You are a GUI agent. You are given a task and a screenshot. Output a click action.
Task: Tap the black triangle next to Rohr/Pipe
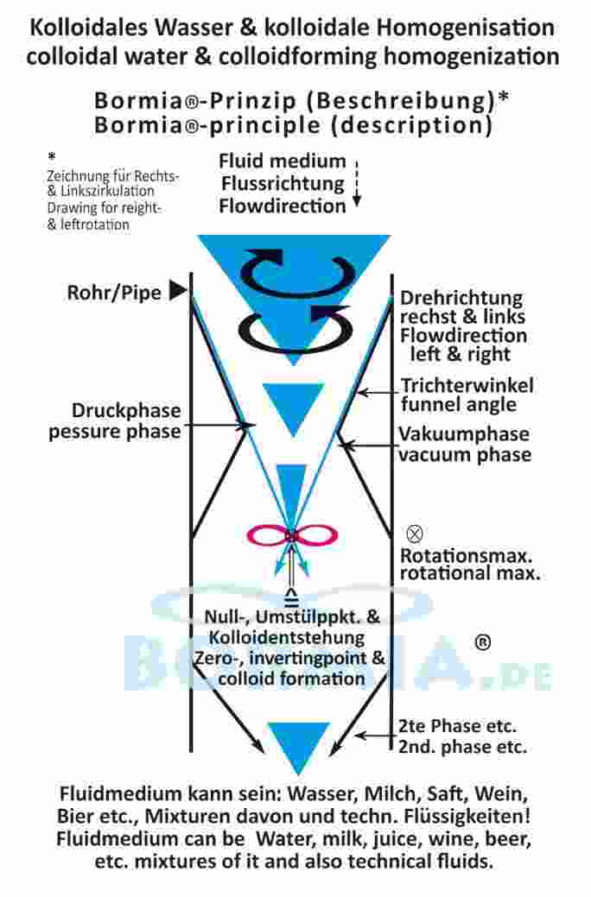tap(179, 291)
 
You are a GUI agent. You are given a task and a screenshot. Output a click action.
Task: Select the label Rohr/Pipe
tap(114, 293)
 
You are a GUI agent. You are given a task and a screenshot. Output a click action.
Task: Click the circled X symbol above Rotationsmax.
tap(415, 534)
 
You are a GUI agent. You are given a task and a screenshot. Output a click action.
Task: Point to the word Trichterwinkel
tap(467, 385)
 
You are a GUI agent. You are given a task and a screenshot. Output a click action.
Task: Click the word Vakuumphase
tap(464, 434)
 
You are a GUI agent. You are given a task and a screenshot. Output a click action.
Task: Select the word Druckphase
tap(126, 411)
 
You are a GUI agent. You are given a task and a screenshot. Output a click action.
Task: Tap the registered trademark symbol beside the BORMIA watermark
tap(483, 642)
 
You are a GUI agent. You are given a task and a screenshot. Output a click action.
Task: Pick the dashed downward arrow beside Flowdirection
tap(356, 183)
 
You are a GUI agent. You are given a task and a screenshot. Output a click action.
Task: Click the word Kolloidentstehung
tap(286, 637)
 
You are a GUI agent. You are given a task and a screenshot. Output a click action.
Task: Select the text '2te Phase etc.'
tap(457, 726)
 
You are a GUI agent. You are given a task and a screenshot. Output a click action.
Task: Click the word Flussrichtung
tap(283, 184)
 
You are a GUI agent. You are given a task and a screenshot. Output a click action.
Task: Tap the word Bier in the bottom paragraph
tap(74, 816)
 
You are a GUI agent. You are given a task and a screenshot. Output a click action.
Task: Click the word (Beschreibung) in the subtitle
tap(402, 101)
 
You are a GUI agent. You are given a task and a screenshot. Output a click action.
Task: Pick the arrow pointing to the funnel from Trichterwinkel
tap(378, 393)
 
